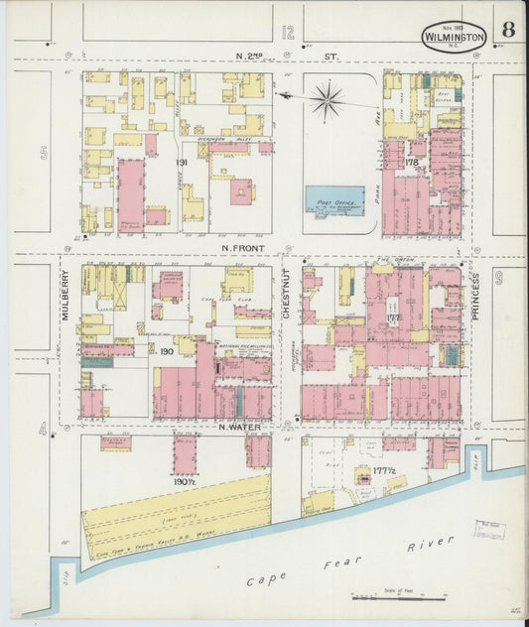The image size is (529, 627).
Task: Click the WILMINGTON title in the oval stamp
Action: [x=454, y=37]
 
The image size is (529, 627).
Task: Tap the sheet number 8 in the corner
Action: [x=507, y=29]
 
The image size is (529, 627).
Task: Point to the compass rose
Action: [x=327, y=98]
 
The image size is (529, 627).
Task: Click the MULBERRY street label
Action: [x=66, y=297]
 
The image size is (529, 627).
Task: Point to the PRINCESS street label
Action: [x=475, y=295]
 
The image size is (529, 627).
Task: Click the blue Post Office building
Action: [x=334, y=200]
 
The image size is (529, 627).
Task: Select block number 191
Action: [x=182, y=162]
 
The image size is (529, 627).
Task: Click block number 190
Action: [x=167, y=350]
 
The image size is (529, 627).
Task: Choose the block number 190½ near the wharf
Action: [x=183, y=481]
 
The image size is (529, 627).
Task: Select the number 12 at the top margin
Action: [x=288, y=33]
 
